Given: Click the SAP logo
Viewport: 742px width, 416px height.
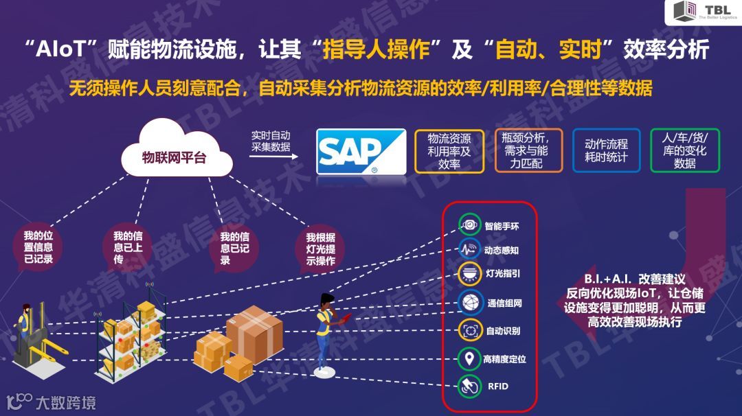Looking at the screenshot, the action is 360,151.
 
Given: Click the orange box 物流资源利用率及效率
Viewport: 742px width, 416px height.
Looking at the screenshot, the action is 449,150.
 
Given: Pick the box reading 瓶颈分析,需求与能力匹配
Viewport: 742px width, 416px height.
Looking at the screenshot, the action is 528,150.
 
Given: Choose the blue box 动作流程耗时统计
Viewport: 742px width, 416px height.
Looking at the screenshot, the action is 606,150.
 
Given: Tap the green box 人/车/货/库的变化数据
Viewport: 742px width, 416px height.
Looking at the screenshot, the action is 684,150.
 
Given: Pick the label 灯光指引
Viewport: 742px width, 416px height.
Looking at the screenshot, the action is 502,273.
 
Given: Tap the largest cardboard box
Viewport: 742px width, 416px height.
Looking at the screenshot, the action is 255,335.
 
